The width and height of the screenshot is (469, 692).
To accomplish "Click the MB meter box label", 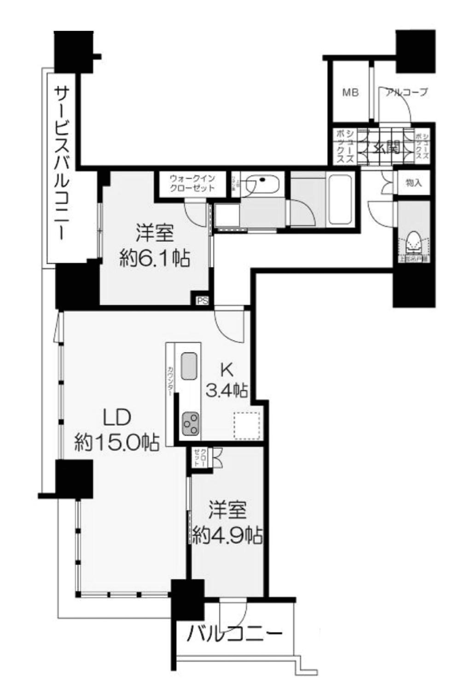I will coord(350,93).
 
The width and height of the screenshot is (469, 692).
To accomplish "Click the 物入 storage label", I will coord(413,183).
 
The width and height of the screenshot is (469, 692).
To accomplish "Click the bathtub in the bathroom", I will coord(340,199).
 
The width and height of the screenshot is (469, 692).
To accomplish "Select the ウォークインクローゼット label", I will coord(192,183).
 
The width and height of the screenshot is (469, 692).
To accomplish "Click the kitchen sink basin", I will coord(189,366).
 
